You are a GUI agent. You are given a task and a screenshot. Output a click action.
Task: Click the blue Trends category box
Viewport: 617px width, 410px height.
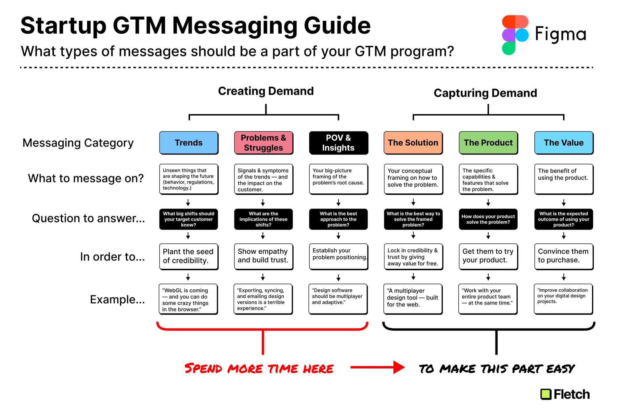[x=189, y=143]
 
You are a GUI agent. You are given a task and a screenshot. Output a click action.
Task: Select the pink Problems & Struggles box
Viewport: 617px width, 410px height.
[x=263, y=143]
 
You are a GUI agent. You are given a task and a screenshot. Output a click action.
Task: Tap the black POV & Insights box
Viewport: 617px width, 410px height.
[x=338, y=143]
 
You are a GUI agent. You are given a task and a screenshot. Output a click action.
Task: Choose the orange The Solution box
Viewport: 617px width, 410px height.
[x=413, y=143]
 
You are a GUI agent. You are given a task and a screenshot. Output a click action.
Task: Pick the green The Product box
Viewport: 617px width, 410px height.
[x=488, y=143]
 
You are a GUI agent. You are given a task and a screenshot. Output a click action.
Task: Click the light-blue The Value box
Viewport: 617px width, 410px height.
[x=564, y=143]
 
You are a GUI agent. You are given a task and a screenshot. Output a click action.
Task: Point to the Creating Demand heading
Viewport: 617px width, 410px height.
[x=266, y=91]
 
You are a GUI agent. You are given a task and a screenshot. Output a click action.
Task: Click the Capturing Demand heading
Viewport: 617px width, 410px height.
[x=485, y=93]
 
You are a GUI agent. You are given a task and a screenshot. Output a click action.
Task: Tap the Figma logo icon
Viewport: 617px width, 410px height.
[x=515, y=35]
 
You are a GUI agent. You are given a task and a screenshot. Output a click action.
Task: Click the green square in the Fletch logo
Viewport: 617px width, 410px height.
[x=546, y=394]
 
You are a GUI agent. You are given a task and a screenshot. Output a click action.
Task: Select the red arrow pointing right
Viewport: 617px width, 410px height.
[x=377, y=367]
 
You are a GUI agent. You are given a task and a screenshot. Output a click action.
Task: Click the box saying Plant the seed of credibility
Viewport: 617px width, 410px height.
[x=189, y=257]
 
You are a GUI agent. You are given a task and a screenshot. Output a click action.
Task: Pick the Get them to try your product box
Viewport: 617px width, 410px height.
[x=488, y=257]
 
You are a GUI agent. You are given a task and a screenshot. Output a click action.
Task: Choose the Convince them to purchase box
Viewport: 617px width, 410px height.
[x=564, y=257]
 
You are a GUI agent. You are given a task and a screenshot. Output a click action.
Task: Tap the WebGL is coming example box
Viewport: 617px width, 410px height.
[x=188, y=299]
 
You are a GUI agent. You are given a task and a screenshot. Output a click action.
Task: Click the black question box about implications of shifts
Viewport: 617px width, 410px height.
[x=263, y=219]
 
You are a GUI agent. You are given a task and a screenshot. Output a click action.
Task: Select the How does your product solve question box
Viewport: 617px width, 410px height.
[x=488, y=219]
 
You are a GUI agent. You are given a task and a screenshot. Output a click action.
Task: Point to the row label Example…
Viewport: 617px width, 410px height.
[x=118, y=300]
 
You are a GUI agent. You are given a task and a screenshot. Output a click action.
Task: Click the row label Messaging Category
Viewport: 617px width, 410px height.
[x=78, y=143]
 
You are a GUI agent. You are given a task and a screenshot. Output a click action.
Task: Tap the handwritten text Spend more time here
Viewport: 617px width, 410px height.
[x=259, y=368]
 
